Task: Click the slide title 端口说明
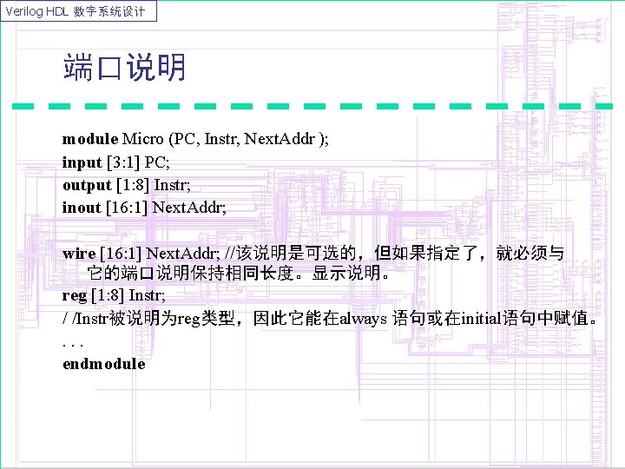click(124, 68)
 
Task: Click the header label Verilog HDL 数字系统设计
click(79, 11)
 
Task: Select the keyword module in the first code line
click(90, 138)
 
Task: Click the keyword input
click(82, 162)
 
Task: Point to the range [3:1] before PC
click(123, 162)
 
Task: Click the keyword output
click(87, 184)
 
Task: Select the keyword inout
click(82, 207)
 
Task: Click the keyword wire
click(79, 254)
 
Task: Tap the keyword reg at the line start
click(74, 296)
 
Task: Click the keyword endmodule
click(104, 364)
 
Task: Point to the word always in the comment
click(365, 319)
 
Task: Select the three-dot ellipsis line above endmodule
click(72, 341)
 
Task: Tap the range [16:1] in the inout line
click(127, 207)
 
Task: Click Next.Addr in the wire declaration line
click(183, 254)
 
